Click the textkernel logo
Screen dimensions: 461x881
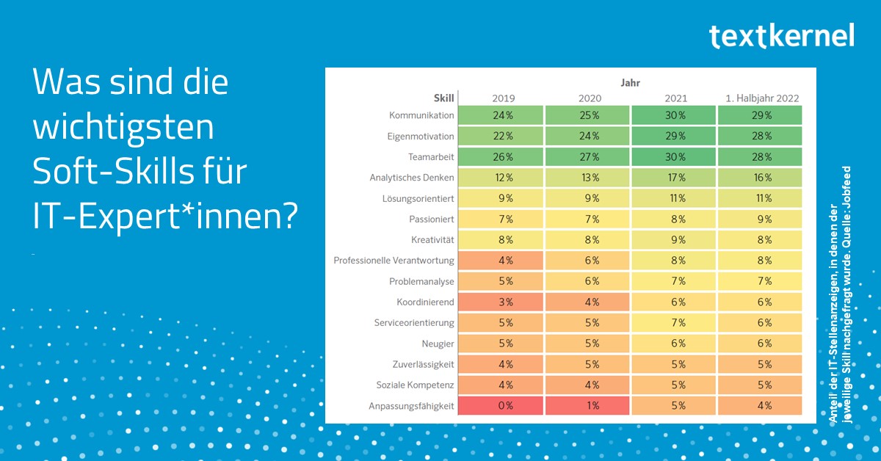pyautogui.click(x=781, y=35)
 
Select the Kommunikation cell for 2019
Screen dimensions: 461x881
pyautogui.click(x=501, y=115)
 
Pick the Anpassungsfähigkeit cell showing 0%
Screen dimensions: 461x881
pyautogui.click(x=501, y=405)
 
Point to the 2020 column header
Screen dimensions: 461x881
pyautogui.click(x=587, y=98)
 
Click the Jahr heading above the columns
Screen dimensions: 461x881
pyautogui.click(x=630, y=83)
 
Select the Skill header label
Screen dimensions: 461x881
pyautogui.click(x=444, y=98)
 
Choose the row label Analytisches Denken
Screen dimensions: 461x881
pyautogui.click(x=412, y=178)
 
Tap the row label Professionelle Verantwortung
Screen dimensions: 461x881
pyautogui.click(x=394, y=261)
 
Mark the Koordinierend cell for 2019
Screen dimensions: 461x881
pyautogui.click(x=501, y=302)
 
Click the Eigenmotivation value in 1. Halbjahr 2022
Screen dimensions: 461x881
pyautogui.click(x=760, y=137)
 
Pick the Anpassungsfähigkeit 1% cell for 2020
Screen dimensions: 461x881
pyautogui.click(x=587, y=405)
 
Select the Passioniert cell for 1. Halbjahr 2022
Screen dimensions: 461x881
pyautogui.click(x=760, y=219)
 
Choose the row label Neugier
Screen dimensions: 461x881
pyautogui.click(x=438, y=343)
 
